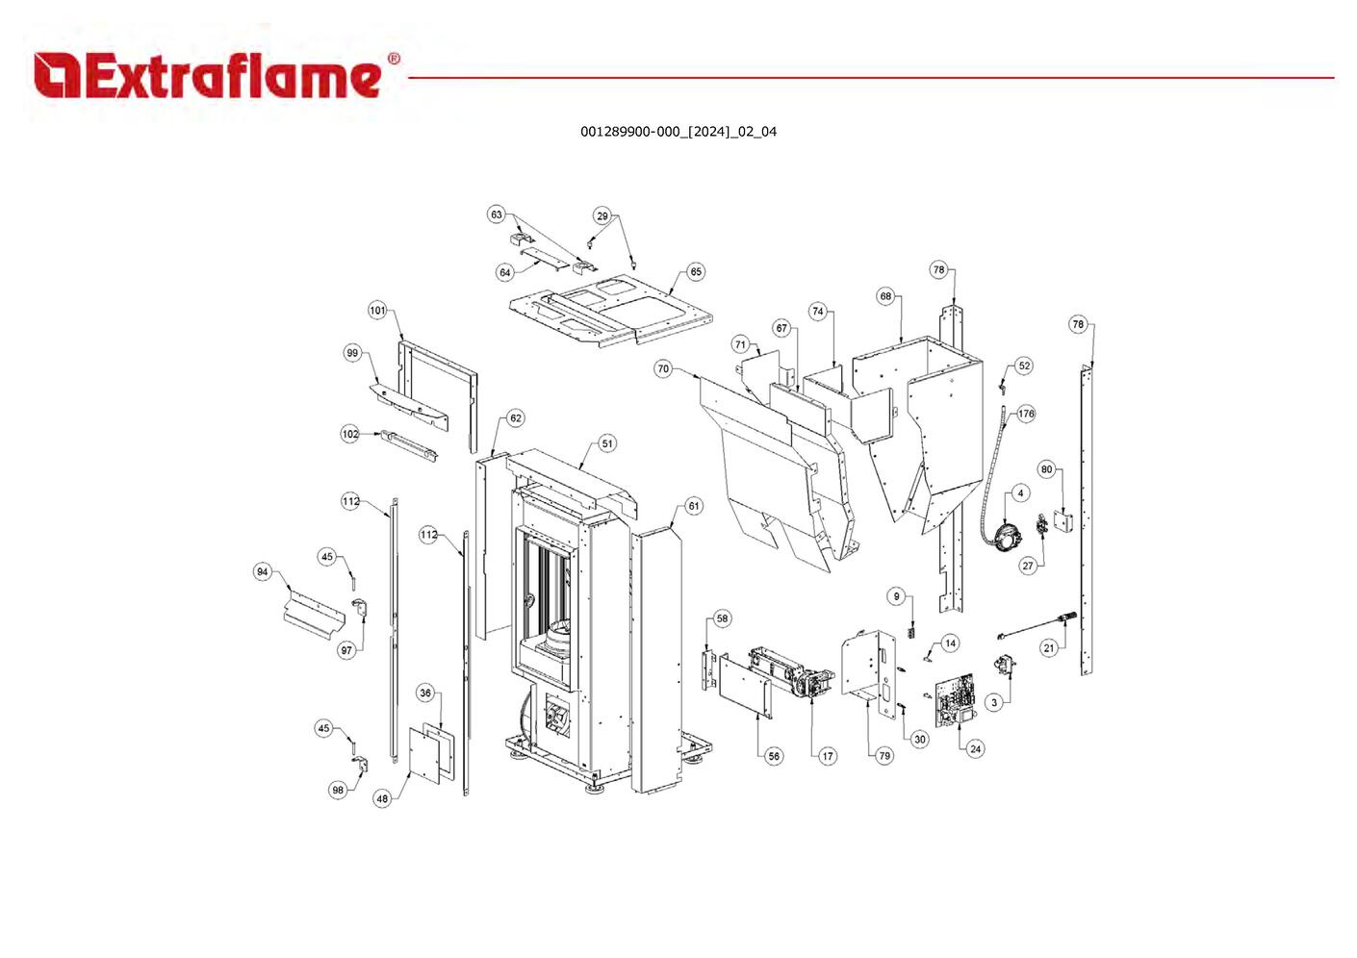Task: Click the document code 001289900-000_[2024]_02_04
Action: coord(678,132)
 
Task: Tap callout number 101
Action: coord(377,311)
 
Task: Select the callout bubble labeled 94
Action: coord(262,572)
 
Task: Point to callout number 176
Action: coord(1026,414)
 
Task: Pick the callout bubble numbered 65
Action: coord(696,272)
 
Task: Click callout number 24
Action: coord(975,748)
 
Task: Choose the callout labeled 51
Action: coord(607,444)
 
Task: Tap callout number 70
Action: coord(662,369)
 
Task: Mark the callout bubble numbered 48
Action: coord(382,798)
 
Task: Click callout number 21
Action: coord(1049,647)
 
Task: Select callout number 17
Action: coord(828,756)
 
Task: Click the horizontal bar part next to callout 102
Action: coord(410,444)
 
